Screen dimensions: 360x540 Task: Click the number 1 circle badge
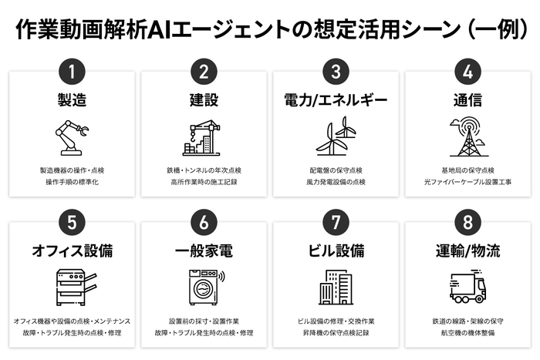(71, 72)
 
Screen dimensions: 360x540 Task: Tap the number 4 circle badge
(467, 72)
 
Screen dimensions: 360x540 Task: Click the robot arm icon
(72, 137)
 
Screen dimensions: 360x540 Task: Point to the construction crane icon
(204, 137)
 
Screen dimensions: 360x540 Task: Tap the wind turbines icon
(336, 136)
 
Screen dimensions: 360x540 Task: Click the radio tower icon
(467, 136)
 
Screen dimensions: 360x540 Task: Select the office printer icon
(72, 287)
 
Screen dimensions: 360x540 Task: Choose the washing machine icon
(204, 287)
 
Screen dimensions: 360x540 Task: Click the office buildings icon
(336, 287)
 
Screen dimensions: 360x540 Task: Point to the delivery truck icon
(467, 287)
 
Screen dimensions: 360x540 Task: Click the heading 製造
(72, 101)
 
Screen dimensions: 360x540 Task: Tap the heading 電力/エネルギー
(336, 101)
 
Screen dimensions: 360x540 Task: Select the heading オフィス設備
(72, 251)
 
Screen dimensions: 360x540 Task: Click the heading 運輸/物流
(467, 251)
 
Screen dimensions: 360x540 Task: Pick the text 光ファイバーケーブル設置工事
(467, 183)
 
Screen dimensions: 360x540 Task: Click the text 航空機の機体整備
(467, 333)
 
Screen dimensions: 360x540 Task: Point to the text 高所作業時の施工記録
(204, 183)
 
